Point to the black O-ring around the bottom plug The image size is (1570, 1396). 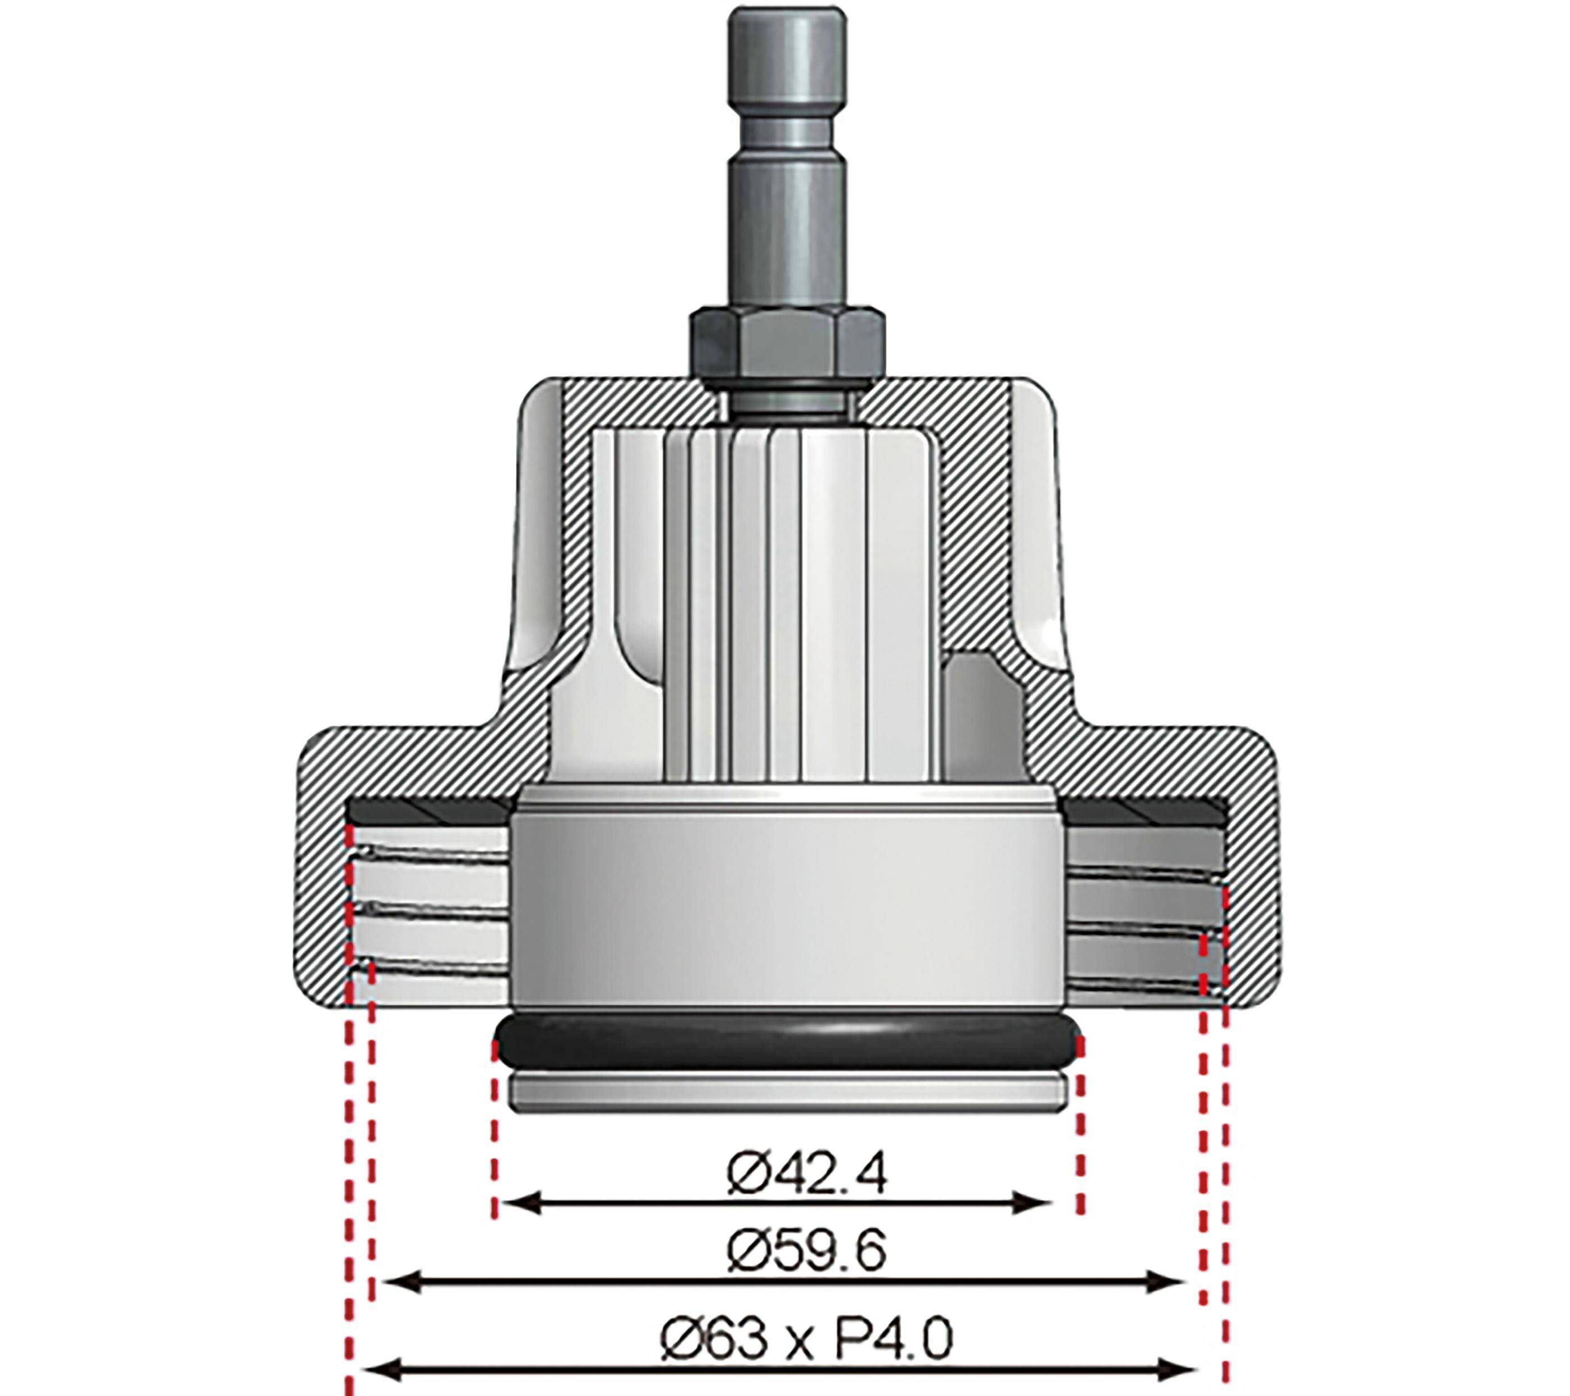point(787,1045)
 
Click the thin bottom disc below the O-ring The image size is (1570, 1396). point(787,1093)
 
